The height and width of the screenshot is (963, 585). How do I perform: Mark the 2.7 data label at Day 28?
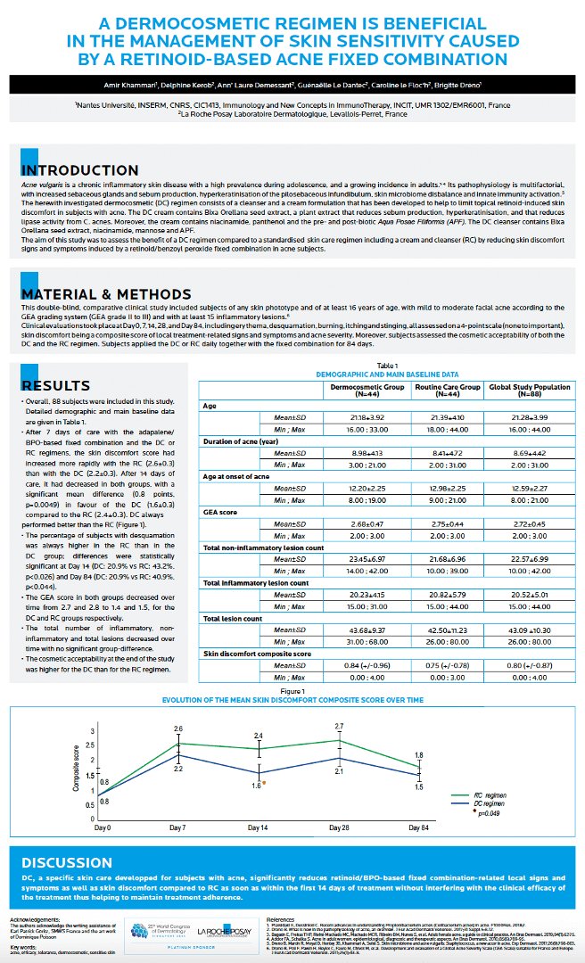point(340,727)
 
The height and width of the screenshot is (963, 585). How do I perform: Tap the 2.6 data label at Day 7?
point(178,729)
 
